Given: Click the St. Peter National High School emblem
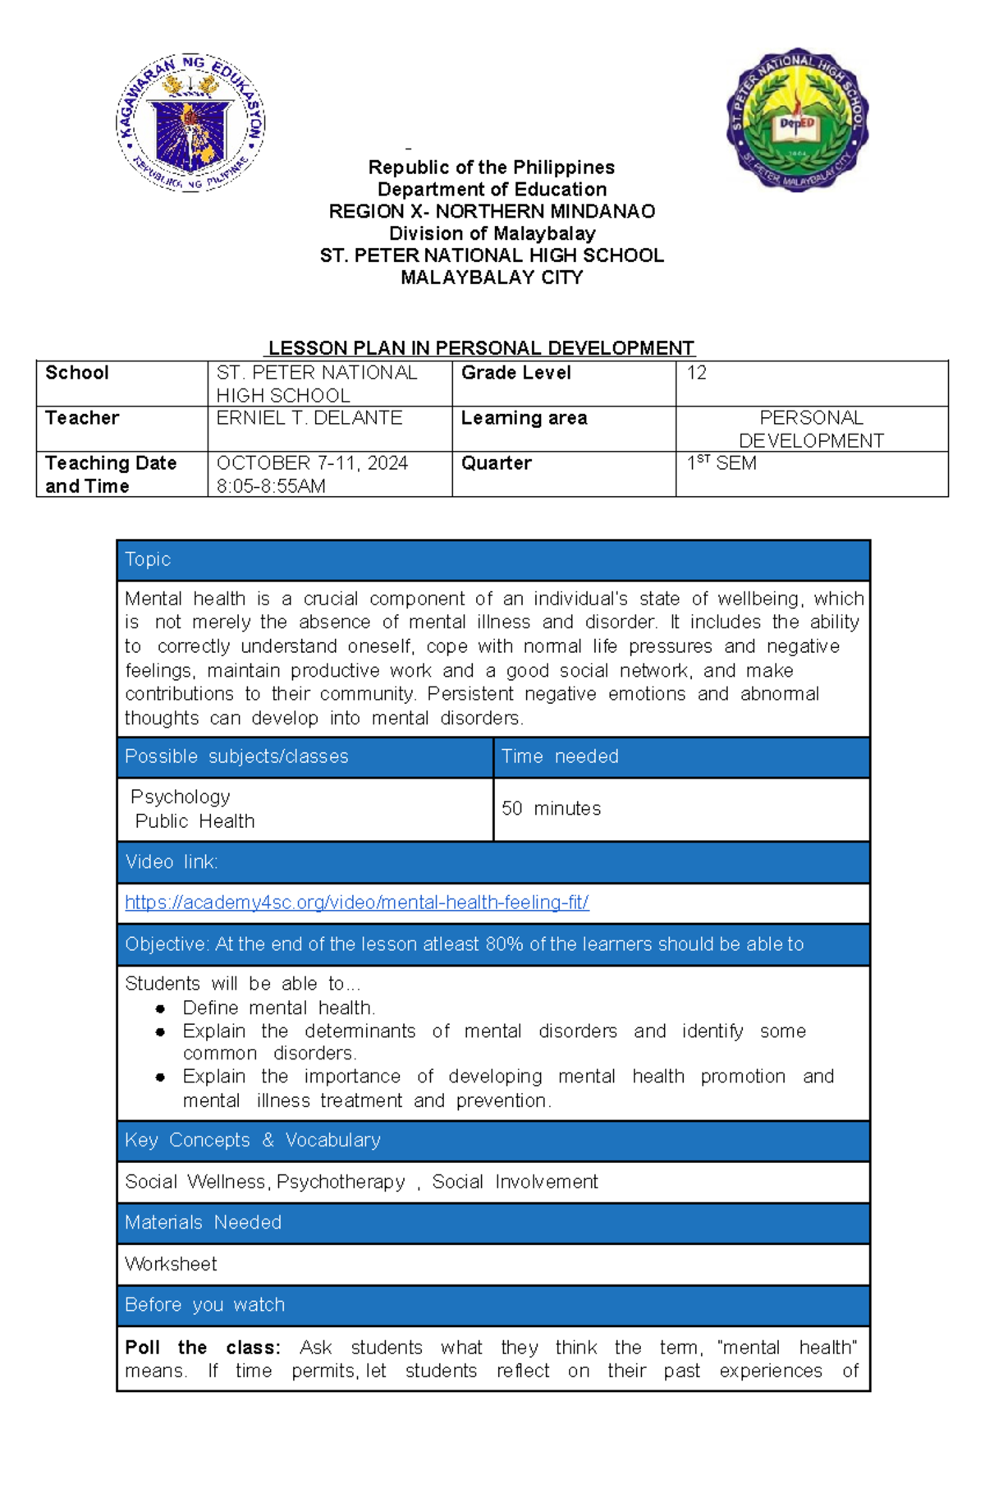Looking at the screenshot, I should [x=797, y=120].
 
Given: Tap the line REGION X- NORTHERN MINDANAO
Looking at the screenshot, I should [x=492, y=211].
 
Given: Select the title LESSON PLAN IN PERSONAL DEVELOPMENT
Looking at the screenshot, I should [x=482, y=348].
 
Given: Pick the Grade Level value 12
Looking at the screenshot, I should [x=696, y=373].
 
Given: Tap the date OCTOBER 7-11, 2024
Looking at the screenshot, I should [x=312, y=463].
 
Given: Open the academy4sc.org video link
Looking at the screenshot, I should [x=356, y=903].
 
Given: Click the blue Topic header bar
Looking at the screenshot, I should [x=492, y=560].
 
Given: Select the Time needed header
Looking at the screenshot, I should [x=561, y=756].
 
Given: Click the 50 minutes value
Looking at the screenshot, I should [x=551, y=809].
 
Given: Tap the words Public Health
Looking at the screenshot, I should [x=195, y=821].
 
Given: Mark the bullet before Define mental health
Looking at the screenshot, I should [x=160, y=1008].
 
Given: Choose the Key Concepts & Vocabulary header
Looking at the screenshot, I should [x=253, y=1141].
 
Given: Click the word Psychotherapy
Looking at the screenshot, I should [x=341, y=1182].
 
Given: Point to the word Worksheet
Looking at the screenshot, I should [x=171, y=1264].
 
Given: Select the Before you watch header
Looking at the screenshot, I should [x=205, y=1305].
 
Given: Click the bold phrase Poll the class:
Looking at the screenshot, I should [x=203, y=1348].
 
